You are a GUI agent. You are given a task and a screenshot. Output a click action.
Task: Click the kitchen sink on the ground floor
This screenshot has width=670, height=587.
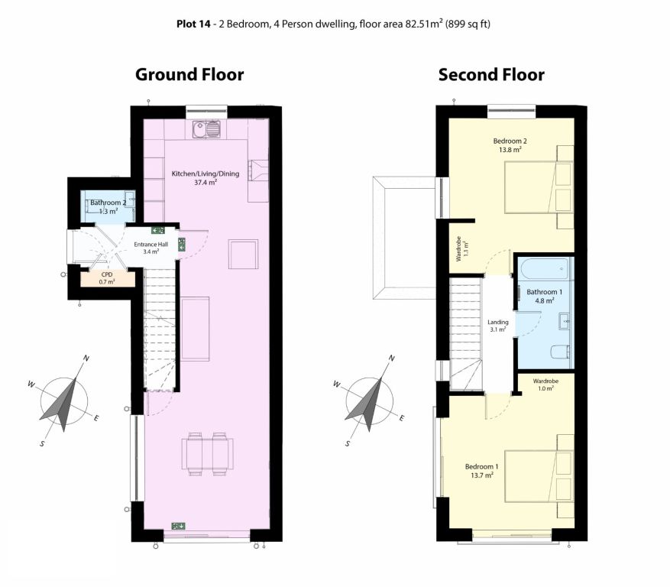point(206,129)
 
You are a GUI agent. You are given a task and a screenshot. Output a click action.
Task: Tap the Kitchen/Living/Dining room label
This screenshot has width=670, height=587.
point(205,178)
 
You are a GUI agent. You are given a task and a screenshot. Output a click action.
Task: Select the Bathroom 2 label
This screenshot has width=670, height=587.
point(108,207)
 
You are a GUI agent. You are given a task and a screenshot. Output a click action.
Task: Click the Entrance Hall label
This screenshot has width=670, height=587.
point(151,248)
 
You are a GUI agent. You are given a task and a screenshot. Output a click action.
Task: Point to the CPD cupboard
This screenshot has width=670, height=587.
point(108,278)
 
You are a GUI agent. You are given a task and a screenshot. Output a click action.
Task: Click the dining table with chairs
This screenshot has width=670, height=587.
point(207,453)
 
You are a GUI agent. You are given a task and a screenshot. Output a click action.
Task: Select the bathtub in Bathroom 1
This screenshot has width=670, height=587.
point(545,268)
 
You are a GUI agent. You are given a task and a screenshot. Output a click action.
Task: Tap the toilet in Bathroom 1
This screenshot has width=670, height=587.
point(560,352)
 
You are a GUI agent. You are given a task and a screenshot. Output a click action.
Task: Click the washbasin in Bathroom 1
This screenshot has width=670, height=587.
point(565,321)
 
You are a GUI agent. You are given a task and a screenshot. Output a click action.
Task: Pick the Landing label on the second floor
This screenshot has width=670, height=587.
point(498,326)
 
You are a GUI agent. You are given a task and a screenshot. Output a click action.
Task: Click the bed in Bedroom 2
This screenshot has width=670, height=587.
point(539,186)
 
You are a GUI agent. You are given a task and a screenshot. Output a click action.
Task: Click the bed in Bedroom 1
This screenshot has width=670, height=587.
point(539,476)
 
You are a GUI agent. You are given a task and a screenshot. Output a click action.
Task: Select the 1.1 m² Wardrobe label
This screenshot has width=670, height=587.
point(462,249)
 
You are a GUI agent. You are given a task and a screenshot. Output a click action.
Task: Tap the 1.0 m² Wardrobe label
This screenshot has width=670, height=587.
point(545,384)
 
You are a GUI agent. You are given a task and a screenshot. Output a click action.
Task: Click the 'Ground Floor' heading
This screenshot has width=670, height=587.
point(189,74)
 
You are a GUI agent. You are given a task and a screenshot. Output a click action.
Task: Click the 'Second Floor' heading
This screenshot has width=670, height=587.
point(491,74)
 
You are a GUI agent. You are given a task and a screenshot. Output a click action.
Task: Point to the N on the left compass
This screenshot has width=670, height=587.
point(86,358)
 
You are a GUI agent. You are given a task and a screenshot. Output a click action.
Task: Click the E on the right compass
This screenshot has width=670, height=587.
point(401,418)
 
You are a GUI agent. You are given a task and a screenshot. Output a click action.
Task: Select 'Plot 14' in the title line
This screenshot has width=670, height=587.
point(193,24)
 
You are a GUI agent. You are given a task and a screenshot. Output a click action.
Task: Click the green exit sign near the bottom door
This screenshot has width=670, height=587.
point(178,526)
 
